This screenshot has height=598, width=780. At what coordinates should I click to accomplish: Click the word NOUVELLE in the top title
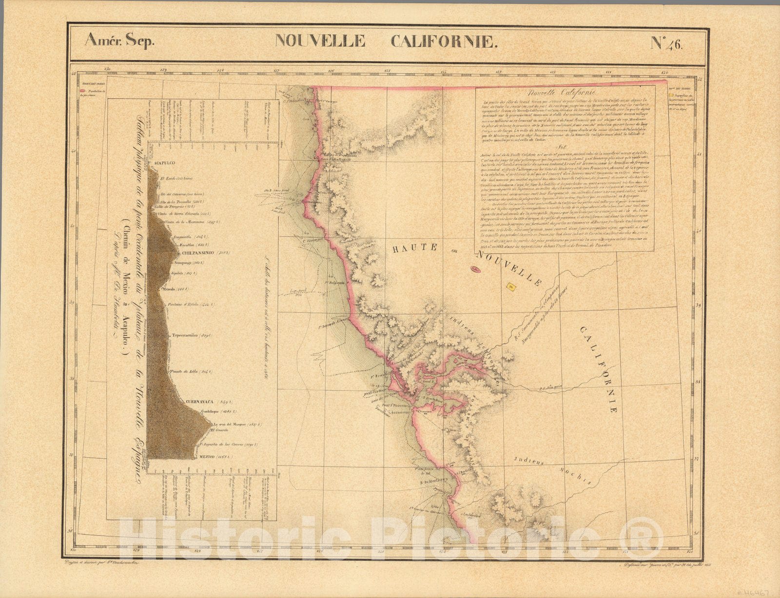pos(320,40)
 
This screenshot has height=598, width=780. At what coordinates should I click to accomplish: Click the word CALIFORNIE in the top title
pos(444,41)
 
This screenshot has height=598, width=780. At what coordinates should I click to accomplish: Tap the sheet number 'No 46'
pos(667,43)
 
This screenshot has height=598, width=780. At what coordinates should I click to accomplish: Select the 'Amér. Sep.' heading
pos(119,40)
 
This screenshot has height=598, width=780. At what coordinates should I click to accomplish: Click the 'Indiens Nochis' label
pos(556,468)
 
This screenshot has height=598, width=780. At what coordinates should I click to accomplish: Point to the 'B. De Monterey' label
pos(434,483)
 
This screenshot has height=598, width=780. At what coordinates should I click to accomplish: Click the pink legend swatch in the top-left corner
pos(84,91)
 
